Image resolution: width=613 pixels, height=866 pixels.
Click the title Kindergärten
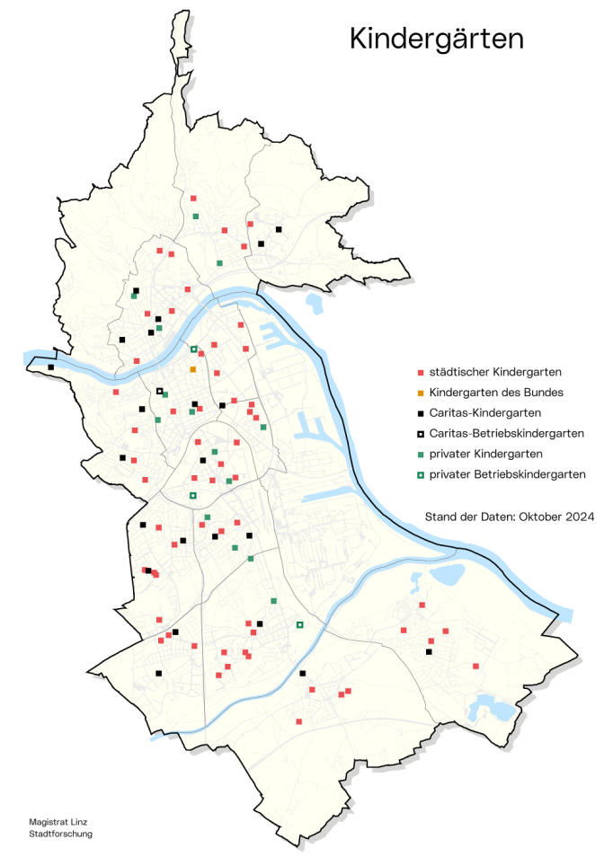(436, 39)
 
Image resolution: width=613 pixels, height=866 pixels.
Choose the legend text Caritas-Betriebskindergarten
(507, 433)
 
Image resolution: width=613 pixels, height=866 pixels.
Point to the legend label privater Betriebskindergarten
(508, 473)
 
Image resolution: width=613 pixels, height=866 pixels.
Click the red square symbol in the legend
(421, 372)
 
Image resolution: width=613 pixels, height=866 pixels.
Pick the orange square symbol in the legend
(421, 393)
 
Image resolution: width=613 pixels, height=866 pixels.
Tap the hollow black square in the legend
(421, 433)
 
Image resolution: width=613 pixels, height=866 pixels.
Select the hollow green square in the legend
(421, 473)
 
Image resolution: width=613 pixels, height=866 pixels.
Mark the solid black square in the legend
(421, 413)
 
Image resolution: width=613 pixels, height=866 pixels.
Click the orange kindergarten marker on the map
(193, 369)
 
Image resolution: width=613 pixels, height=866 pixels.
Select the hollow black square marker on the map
(160, 391)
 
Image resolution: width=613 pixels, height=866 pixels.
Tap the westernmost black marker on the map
(51, 367)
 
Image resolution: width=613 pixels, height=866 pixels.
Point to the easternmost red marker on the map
(475, 666)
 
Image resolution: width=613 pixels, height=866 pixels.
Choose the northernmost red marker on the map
(193, 198)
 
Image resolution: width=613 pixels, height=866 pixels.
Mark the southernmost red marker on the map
(299, 721)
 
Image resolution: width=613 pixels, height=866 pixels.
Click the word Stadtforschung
(60, 834)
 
